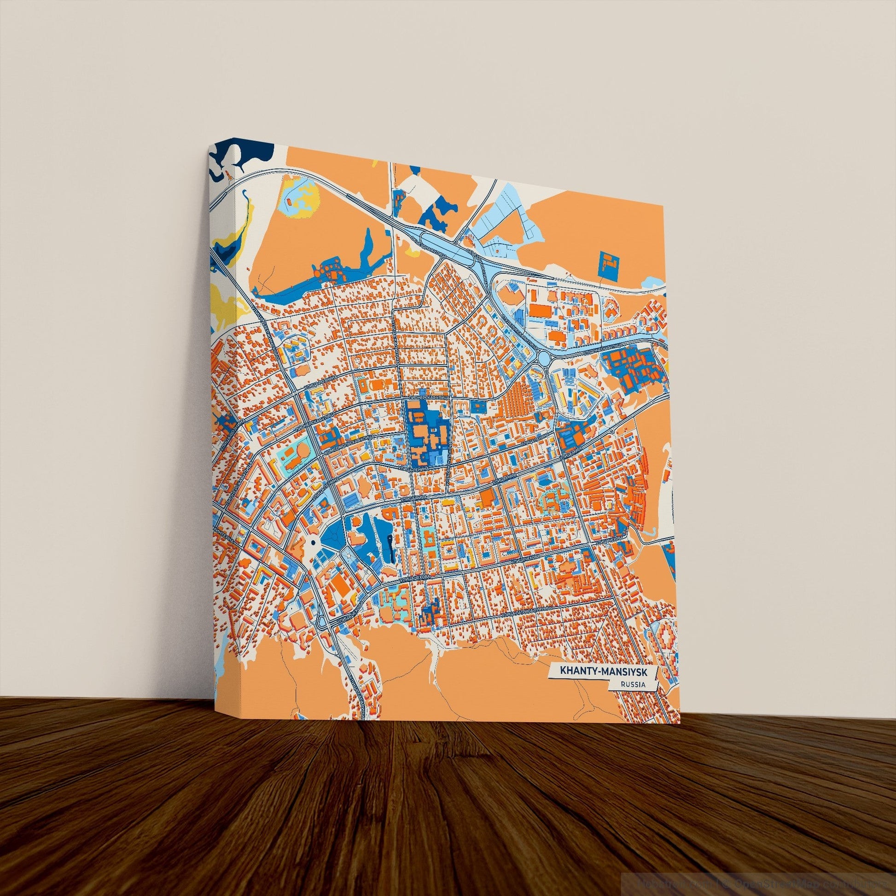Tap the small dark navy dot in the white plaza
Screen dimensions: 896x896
tap(313, 542)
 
